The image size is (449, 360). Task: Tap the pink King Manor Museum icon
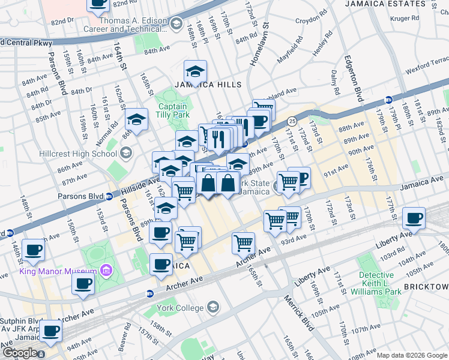(107, 271)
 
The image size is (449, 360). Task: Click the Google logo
(20, 353)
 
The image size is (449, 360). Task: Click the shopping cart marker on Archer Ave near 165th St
(243, 242)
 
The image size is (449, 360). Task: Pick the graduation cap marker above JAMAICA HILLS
(195, 72)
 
